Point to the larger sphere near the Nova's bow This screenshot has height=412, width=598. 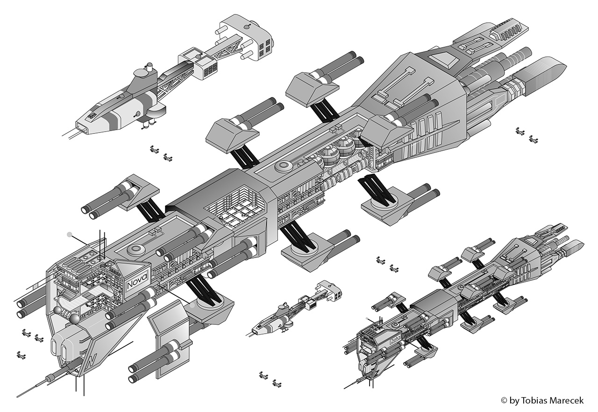pyautogui.click(x=74, y=320)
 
